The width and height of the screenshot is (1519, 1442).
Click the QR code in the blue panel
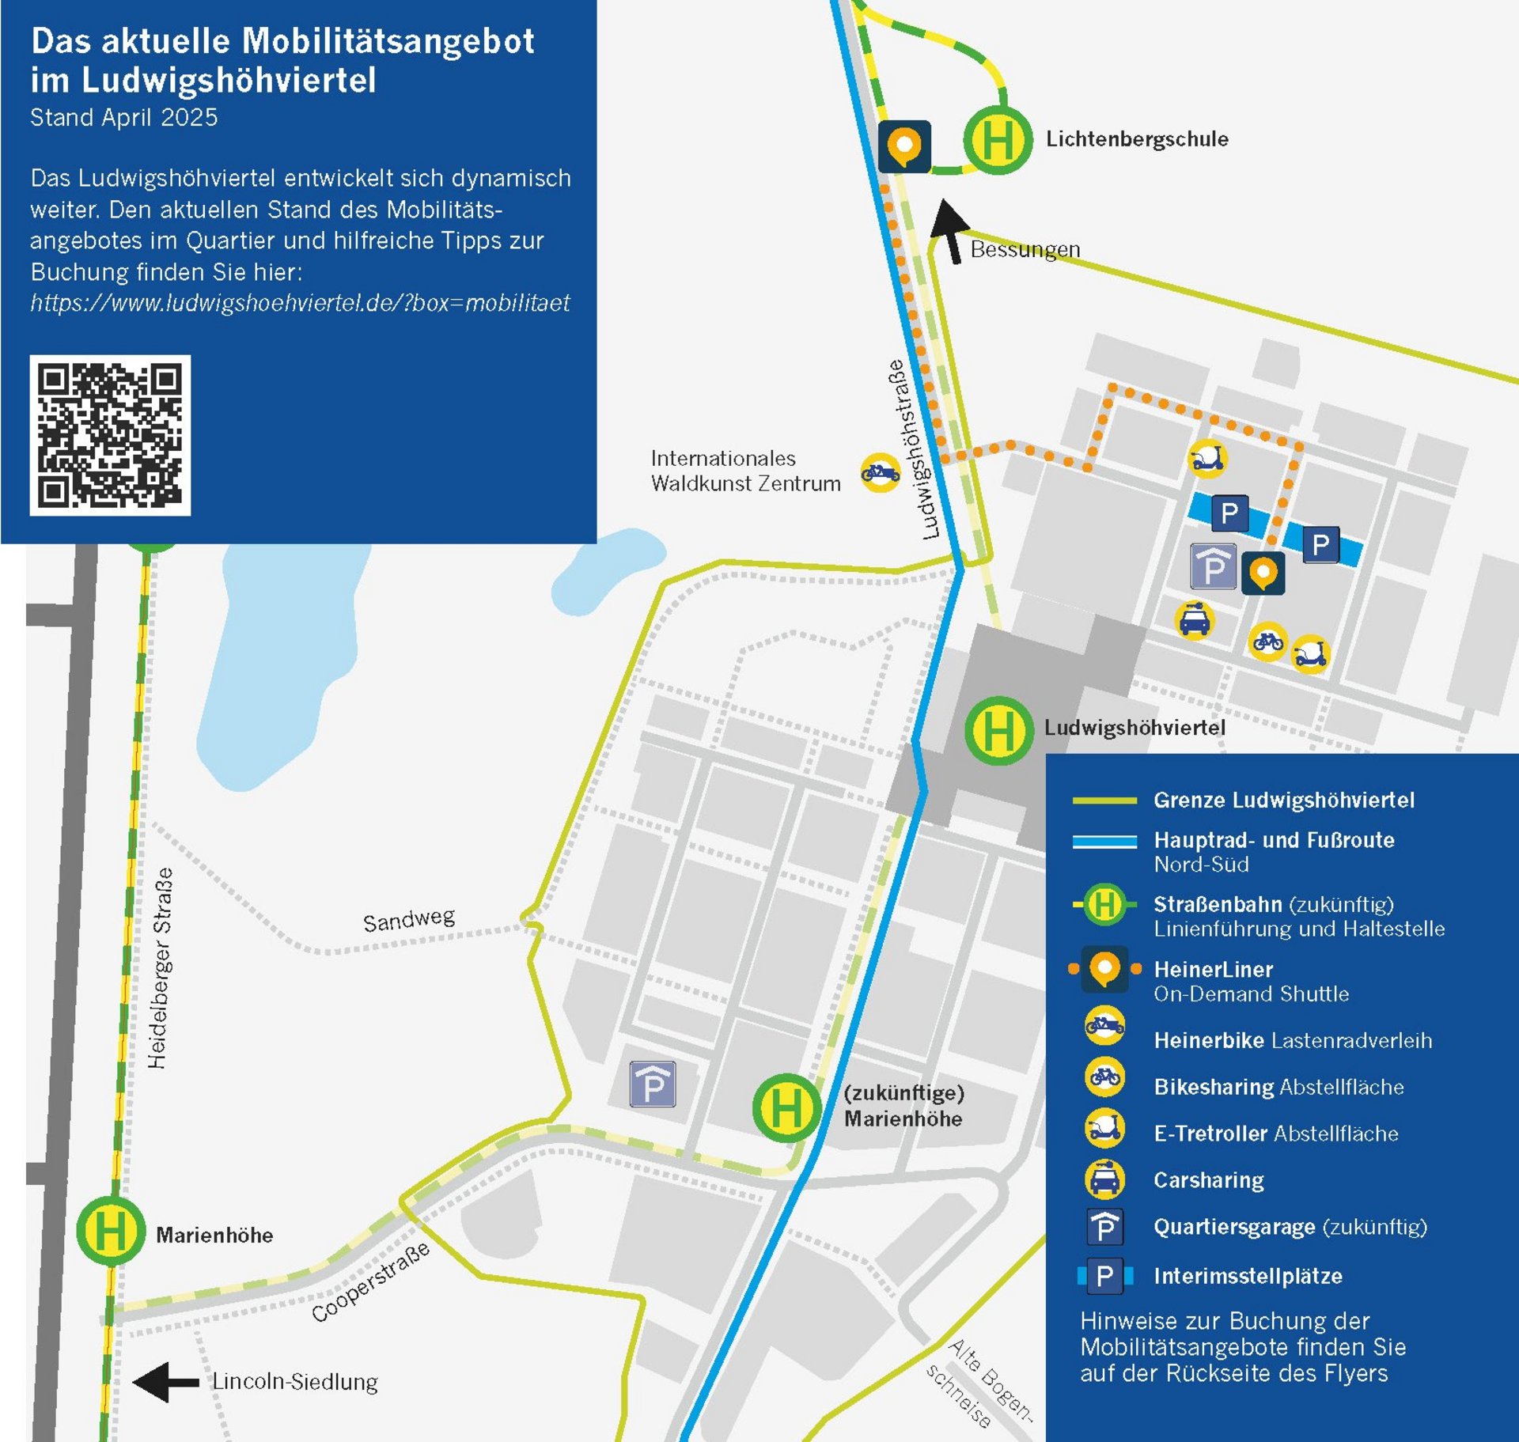point(110,435)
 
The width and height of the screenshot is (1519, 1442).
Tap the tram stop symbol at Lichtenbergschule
point(998,140)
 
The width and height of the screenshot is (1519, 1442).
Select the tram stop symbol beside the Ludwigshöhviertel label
point(998,730)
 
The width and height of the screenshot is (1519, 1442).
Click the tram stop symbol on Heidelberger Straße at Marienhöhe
point(111,1231)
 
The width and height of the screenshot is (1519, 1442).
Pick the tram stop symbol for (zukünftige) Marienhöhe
point(786,1107)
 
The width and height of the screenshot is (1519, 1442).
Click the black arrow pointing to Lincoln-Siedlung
point(165,1382)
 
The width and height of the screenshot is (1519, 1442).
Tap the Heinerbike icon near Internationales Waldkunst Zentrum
point(880,473)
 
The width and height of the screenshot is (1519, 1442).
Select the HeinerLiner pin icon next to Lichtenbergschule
point(904,146)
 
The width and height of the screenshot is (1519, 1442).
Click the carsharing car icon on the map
point(1194,619)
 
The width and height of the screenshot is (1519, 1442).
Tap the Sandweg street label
point(409,919)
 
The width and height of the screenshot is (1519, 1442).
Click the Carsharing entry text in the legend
point(1208,1180)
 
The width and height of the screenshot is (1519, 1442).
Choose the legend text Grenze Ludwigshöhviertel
point(1283,800)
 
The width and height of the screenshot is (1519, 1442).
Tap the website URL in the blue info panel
point(300,303)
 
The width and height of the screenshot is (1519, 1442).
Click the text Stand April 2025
point(124,117)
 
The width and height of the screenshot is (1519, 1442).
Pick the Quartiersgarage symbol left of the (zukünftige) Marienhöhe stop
point(653,1084)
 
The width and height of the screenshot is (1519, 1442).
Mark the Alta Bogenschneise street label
point(979,1383)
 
